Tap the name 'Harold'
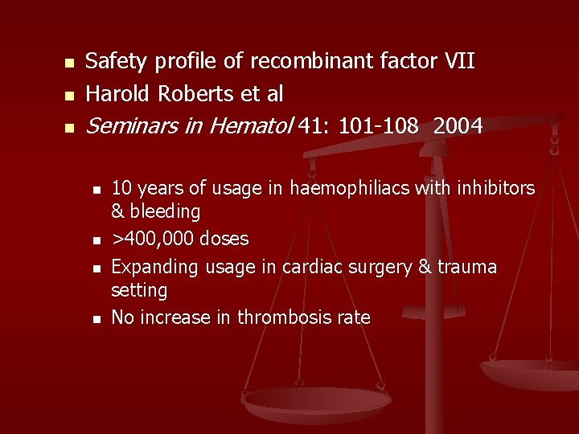[x=118, y=94]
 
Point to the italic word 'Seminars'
[x=131, y=126]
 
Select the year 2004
[x=458, y=126]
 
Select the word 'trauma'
[x=467, y=266]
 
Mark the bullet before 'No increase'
[x=96, y=319]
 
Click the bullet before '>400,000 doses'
[x=96, y=240]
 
